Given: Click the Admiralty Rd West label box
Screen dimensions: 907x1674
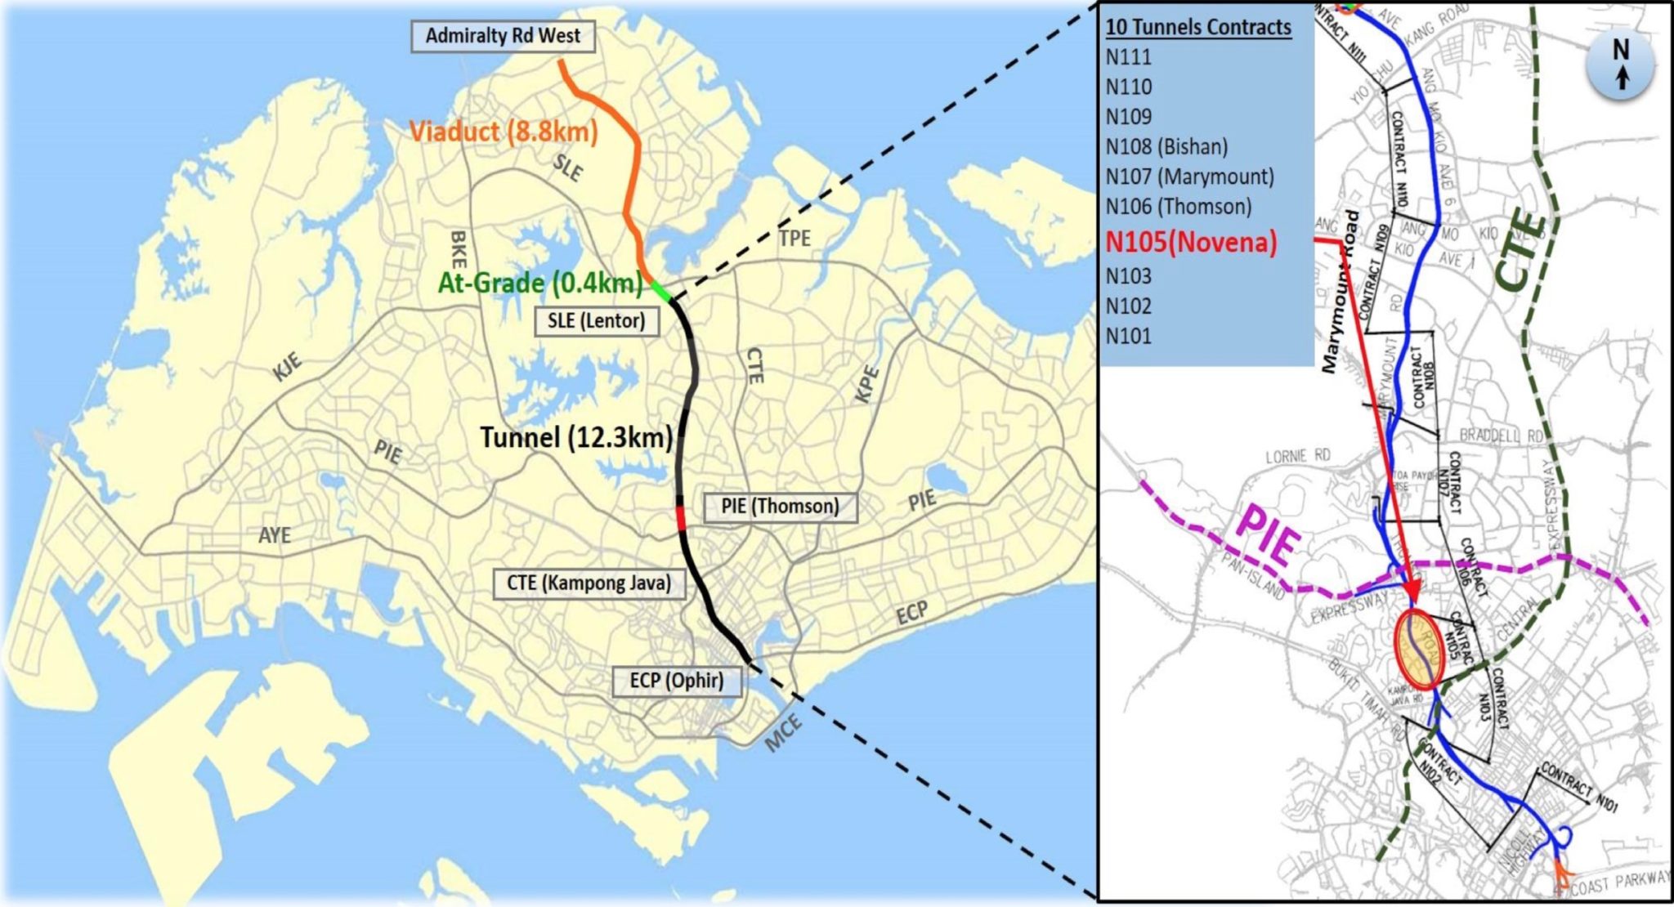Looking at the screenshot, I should [502, 37].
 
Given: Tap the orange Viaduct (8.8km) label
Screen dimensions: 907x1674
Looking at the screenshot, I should [503, 131].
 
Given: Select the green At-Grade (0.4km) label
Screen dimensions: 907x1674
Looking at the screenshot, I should [540, 284].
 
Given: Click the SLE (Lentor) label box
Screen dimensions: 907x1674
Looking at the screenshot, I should [597, 320].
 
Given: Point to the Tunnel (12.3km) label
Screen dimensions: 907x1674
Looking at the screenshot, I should [576, 438].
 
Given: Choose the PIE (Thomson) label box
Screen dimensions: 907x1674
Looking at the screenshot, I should [780, 507].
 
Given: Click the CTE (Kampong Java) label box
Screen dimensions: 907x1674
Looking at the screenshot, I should [589, 583].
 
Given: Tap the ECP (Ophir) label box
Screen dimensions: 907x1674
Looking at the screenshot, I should [677, 681].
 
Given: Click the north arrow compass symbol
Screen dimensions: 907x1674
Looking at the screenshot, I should [1620, 64].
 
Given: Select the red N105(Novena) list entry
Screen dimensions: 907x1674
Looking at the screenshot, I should [1191, 243].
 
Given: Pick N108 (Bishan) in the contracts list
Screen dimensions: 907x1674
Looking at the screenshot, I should [1166, 147].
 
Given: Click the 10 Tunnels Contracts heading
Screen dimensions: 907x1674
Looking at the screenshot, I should [1198, 28].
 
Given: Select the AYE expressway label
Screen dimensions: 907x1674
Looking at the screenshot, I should [275, 535].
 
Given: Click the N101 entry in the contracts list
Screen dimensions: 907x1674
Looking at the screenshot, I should [1129, 336].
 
